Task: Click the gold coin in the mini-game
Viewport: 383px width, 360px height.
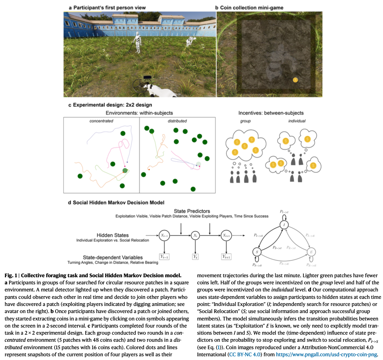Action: click(x=295, y=80)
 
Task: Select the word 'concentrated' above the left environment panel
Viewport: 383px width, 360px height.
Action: click(x=101, y=121)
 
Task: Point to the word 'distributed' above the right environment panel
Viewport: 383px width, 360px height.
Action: click(x=177, y=121)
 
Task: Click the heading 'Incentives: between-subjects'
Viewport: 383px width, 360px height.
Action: click(x=271, y=113)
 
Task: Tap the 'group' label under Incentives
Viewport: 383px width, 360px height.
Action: click(x=245, y=121)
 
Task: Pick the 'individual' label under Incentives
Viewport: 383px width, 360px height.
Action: click(x=297, y=121)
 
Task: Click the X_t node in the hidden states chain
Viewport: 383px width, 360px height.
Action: click(x=195, y=235)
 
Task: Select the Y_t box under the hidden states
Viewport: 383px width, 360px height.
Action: click(x=195, y=257)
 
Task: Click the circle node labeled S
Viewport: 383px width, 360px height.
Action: click(x=257, y=252)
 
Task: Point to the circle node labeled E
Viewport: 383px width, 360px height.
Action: click(x=311, y=252)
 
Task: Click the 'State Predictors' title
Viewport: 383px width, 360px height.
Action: click(x=192, y=211)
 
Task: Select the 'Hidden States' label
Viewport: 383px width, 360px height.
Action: click(x=113, y=235)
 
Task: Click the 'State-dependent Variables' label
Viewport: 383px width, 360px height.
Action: click(x=113, y=257)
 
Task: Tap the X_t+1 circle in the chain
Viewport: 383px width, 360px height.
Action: click(x=226, y=235)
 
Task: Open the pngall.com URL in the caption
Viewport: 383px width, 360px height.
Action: click(x=327, y=355)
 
